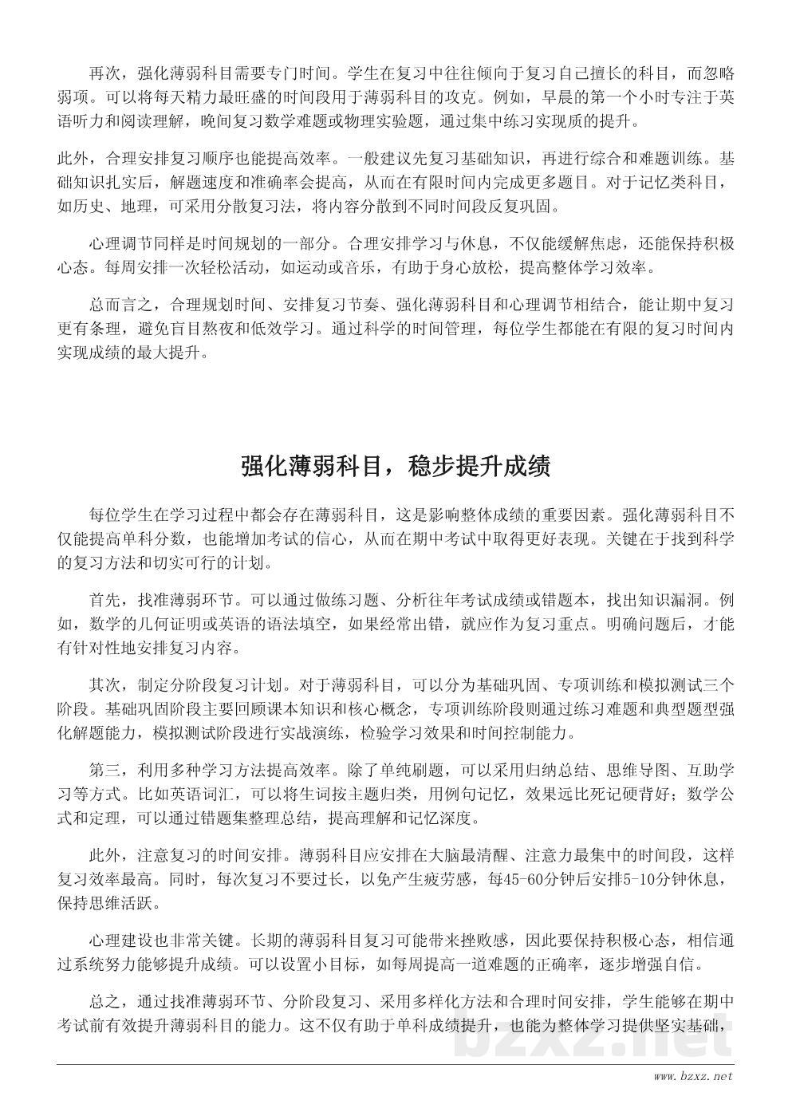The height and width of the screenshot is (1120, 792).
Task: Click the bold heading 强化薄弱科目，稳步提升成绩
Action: (x=396, y=466)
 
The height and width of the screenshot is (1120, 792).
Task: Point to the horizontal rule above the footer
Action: (x=396, y=1063)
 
